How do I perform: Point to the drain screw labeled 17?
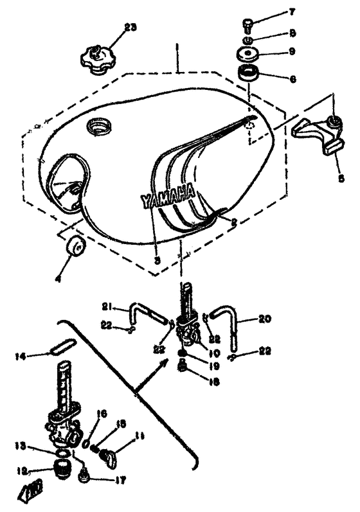click(x=82, y=479)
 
